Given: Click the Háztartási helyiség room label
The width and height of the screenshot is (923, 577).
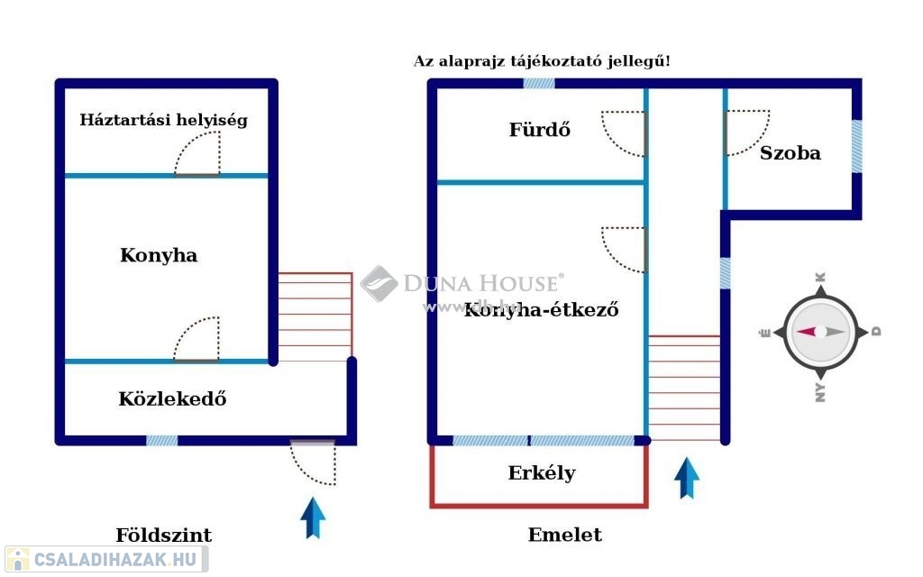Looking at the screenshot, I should [x=163, y=120].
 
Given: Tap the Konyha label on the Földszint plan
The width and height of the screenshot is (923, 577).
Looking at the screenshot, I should [x=159, y=256].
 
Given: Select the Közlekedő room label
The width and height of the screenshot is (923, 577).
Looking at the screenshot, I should [x=172, y=398].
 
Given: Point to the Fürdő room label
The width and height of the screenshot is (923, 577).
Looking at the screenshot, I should [x=540, y=130].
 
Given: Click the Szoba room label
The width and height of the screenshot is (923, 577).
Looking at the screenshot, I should [x=790, y=153].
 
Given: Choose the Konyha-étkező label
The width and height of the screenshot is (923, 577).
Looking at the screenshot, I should [x=541, y=311].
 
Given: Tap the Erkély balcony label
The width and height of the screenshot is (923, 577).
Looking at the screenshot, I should [x=542, y=473].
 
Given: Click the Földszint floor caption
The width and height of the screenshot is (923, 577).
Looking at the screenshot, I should [x=164, y=536].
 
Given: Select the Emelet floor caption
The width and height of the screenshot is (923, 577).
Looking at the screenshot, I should [x=565, y=535].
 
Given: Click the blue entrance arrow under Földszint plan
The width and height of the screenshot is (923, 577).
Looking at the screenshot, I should [x=313, y=517].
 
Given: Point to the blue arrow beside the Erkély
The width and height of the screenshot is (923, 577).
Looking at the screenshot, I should [x=687, y=478].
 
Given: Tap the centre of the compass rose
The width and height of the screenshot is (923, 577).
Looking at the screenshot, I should [x=819, y=332].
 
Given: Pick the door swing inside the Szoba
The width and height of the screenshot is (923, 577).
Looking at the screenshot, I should [x=747, y=133].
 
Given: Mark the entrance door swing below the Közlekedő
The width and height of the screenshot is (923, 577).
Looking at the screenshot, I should [x=313, y=463].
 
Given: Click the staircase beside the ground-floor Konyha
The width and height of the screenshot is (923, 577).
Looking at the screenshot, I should [x=315, y=316].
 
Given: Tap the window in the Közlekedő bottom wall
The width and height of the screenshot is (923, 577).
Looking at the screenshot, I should [x=161, y=441].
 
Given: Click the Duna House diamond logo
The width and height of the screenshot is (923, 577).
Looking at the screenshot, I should [x=379, y=284].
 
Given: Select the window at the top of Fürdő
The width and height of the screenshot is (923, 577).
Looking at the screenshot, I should [x=539, y=83].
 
